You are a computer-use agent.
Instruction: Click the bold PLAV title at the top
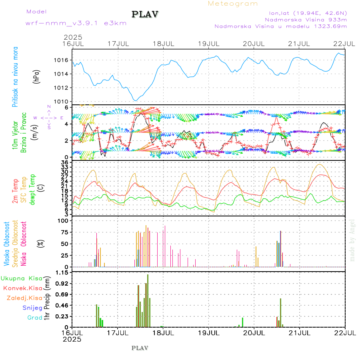pyautogui.click(x=145, y=15)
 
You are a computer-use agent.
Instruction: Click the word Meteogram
pyautogui.click(x=233, y=4)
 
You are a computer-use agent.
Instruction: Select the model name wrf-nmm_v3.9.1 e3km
pyautogui.click(x=76, y=23)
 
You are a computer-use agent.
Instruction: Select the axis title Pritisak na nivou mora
pyautogui.click(x=15, y=78)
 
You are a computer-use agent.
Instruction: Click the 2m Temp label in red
pyautogui.click(x=15, y=192)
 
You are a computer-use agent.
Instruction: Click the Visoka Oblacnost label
pyautogui.click(x=7, y=244)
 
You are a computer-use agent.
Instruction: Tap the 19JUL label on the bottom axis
pyautogui.click(x=208, y=332)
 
